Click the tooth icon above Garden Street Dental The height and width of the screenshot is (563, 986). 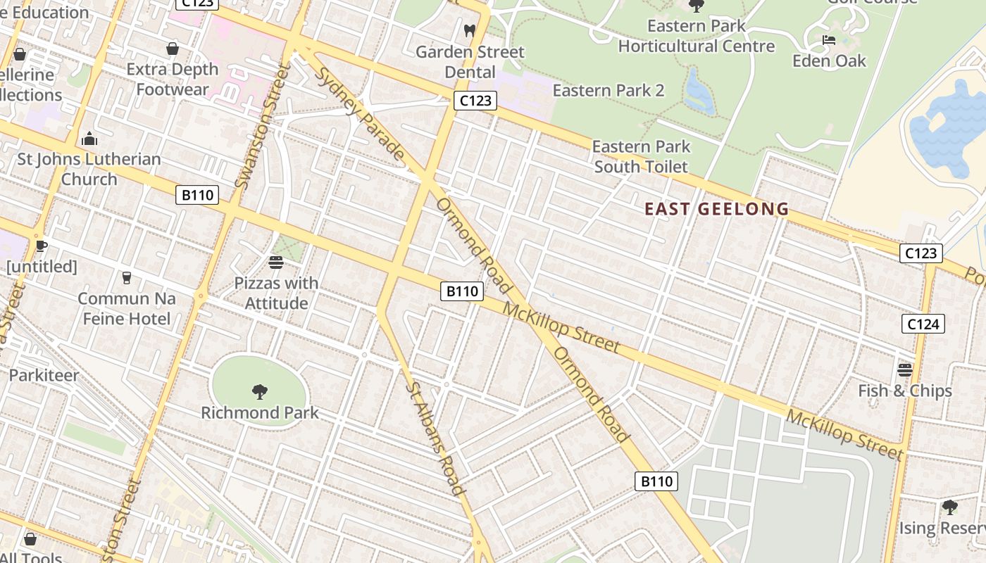tap(470, 31)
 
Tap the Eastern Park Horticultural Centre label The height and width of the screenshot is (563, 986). tap(697, 37)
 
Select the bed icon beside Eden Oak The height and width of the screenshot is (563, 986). tap(829, 40)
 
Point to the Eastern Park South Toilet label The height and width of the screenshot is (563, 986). tap(641, 156)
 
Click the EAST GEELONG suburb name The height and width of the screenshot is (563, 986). tap(717, 209)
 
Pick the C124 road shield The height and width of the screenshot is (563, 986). tap(923, 324)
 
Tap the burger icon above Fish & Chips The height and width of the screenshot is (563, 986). tap(905, 369)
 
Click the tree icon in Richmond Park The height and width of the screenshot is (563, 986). tap(260, 391)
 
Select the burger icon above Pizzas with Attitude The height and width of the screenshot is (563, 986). tap(276, 262)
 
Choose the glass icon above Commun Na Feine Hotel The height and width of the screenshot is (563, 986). tap(127, 278)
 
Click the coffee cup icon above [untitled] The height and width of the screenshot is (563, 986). tap(42, 246)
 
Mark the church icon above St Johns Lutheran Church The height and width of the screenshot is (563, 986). tap(89, 139)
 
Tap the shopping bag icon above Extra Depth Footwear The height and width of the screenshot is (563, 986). tap(173, 49)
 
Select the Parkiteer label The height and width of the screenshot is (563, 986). tap(44, 375)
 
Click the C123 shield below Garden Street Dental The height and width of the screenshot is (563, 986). tap(475, 101)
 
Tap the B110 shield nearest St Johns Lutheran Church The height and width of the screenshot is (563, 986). tap(197, 195)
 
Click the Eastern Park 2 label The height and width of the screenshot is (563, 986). tap(609, 90)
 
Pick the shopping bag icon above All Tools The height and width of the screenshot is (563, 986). tap(30, 539)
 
